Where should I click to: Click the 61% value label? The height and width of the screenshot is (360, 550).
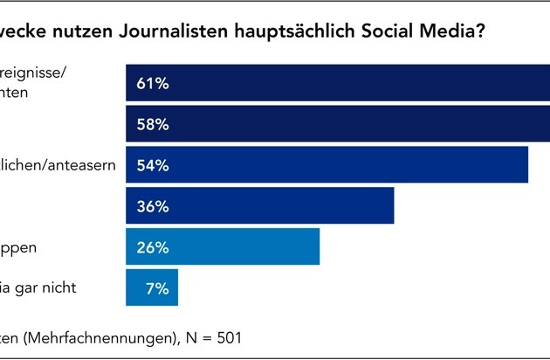pyautogui.click(x=152, y=85)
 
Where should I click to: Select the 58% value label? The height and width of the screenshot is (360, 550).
pyautogui.click(x=152, y=125)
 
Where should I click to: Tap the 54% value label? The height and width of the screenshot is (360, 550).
pyautogui.click(x=152, y=165)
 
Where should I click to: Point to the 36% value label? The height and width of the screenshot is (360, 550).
pyautogui.click(x=152, y=206)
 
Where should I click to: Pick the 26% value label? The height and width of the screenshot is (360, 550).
pyautogui.click(x=152, y=247)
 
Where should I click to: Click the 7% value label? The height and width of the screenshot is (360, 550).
pyautogui.click(x=157, y=287)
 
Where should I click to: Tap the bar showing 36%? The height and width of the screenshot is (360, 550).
pyautogui.click(x=279, y=206)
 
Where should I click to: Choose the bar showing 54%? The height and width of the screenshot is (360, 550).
pyautogui.click(x=349, y=165)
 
